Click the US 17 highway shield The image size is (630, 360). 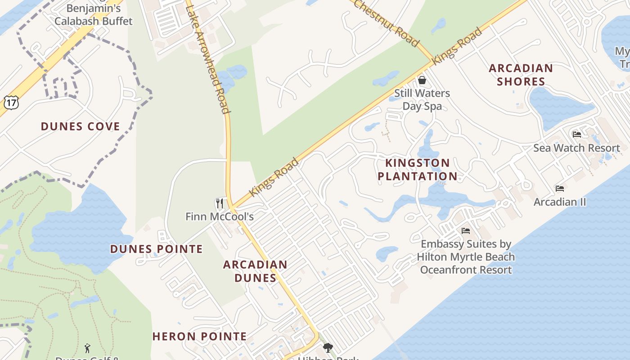tap(11, 102)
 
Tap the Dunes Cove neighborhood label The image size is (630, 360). tap(81, 126)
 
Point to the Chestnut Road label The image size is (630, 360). tap(386, 22)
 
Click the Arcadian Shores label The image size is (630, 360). tap(521, 75)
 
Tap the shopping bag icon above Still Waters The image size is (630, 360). tap(422, 81)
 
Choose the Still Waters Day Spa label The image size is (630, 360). tap(422, 100)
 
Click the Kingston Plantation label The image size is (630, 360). tap(418, 169)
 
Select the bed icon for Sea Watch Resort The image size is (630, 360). tap(576, 134)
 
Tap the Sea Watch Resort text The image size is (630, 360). tap(576, 148)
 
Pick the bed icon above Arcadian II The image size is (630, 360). tap(560, 188)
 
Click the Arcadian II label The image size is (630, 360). tap(560, 202)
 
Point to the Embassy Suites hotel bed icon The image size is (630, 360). tap(466, 231)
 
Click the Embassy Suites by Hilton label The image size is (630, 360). tap(466, 257)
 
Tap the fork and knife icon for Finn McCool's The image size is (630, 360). tap(219, 203)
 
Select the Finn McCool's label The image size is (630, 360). tap(220, 217)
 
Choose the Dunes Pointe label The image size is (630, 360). tap(157, 249)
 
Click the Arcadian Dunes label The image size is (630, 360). tap(255, 271)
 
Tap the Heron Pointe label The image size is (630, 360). tap(199, 336)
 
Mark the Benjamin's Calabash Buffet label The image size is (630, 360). tap(94, 14)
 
